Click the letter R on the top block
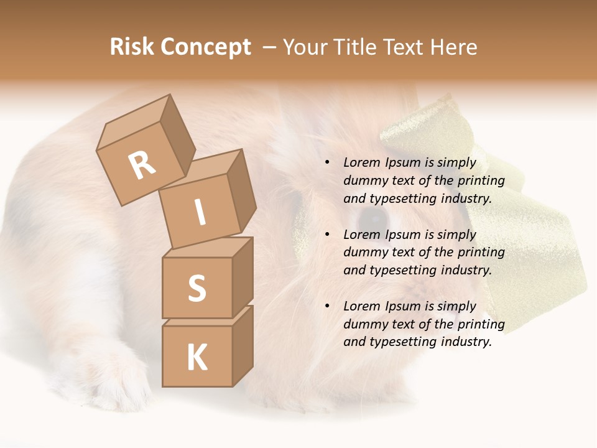pos(142,166)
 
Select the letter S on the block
pos(197,288)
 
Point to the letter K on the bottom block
pos(197,358)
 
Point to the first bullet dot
pos(327,163)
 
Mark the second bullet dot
pos(327,235)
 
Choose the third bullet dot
pos(327,306)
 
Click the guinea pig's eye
pos(374,217)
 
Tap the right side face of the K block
pos(243,345)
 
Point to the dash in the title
pos(269,47)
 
